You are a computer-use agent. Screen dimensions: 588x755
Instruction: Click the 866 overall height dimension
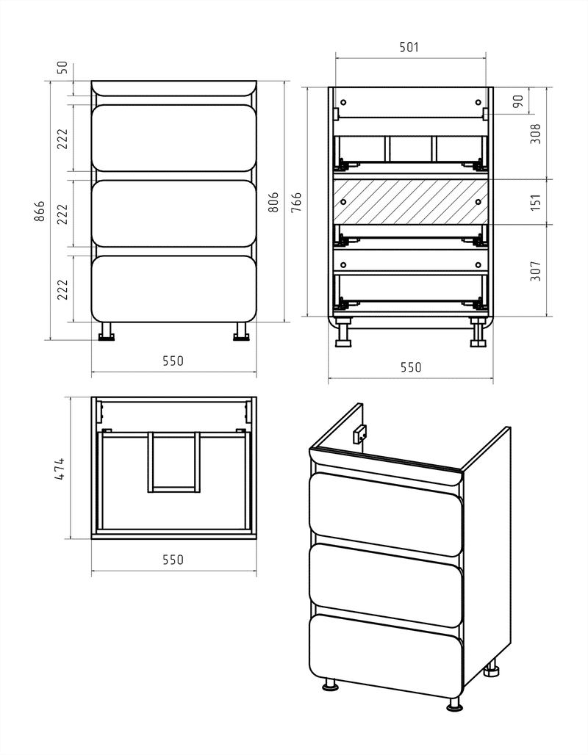coord(40,211)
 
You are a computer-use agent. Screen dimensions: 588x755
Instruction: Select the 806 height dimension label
coord(273,202)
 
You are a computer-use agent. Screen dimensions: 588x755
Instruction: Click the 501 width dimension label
coord(409,47)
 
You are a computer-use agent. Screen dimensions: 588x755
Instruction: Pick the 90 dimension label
coord(518,101)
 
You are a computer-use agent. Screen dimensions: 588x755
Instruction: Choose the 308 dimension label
coord(536,134)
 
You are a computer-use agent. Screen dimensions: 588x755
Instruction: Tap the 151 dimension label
coord(536,202)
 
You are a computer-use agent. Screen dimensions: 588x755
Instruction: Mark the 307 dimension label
coord(536,270)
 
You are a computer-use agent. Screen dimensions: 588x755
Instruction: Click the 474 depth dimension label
coord(60,469)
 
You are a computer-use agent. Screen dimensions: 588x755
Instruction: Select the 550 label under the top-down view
coord(173,560)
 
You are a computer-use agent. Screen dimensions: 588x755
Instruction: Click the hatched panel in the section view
coord(411,202)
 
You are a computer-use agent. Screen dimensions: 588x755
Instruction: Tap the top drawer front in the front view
coord(173,138)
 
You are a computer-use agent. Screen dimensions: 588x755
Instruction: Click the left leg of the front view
coord(107,331)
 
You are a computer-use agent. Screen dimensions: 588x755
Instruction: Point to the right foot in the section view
coord(479,333)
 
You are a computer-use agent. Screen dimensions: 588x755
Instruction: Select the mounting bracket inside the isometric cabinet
coord(359,436)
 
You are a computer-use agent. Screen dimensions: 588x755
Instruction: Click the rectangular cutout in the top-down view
coord(173,462)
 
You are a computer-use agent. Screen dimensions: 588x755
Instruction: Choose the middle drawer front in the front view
coord(173,213)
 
